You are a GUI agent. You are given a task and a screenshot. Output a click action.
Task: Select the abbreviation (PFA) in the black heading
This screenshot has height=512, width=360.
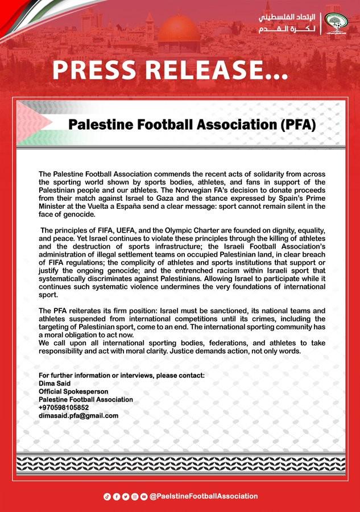[x=296, y=124]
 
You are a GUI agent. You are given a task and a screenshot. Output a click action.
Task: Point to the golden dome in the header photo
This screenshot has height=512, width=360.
[x=179, y=30]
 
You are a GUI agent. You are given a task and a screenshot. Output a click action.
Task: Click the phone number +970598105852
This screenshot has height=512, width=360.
[x=64, y=407]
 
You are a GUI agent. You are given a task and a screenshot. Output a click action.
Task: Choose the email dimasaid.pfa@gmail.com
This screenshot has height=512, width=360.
[x=78, y=415]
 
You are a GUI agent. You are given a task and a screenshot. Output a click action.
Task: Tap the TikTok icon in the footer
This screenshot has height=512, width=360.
[x=106, y=496]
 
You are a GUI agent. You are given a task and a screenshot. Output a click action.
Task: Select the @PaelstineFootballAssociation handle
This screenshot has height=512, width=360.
[x=203, y=496]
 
